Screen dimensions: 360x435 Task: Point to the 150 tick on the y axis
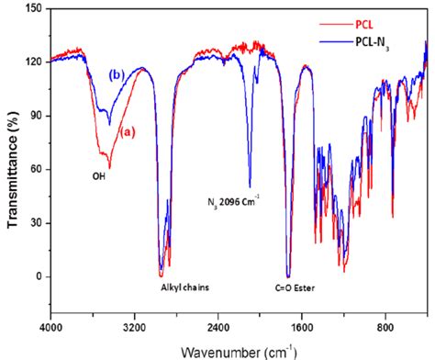pyautogui.click(x=33, y=8)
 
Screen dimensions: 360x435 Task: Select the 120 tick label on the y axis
pyautogui.click(x=33, y=62)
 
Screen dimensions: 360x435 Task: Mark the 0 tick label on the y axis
pyautogui.click(x=39, y=276)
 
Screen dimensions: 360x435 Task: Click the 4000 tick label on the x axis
pyautogui.click(x=51, y=326)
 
